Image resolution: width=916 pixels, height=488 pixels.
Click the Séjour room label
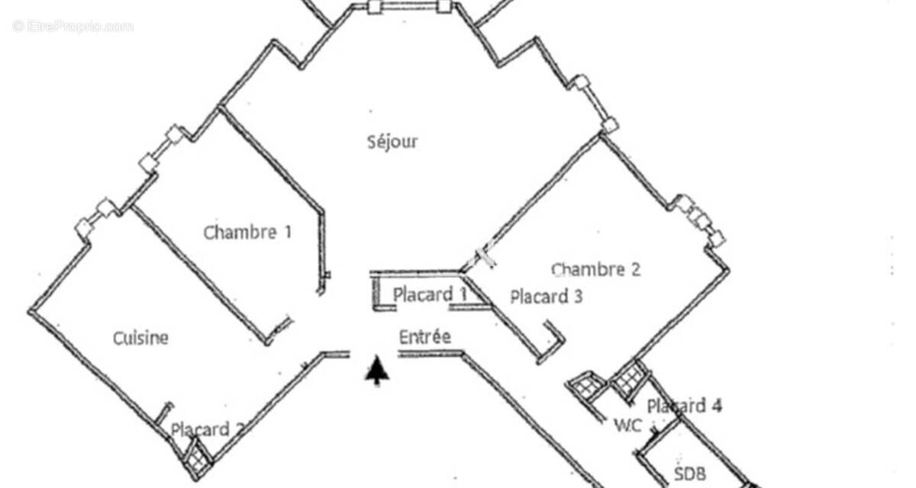[x=392, y=143]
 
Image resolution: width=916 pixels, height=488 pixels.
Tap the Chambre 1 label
[x=247, y=233]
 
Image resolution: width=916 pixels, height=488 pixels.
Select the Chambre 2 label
[x=596, y=269]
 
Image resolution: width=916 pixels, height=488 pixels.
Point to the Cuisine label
[x=140, y=338]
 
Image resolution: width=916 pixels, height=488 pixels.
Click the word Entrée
[x=425, y=337]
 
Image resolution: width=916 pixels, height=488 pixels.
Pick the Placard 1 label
[x=430, y=294]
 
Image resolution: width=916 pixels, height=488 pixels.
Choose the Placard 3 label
[x=547, y=297]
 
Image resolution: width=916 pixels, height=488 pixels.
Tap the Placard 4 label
[x=685, y=406]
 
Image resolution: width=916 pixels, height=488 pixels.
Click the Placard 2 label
[x=208, y=429]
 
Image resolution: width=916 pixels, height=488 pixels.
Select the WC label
[x=628, y=426]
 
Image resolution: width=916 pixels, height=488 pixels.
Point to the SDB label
[x=690, y=474]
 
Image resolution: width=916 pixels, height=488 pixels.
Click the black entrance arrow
[x=377, y=371]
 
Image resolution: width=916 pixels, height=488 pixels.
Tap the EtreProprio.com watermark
[x=73, y=27]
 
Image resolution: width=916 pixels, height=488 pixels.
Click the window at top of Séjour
[x=409, y=7]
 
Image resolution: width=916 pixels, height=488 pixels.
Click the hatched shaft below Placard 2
[x=197, y=458]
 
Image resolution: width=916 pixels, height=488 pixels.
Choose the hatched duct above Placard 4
[x=630, y=380]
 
